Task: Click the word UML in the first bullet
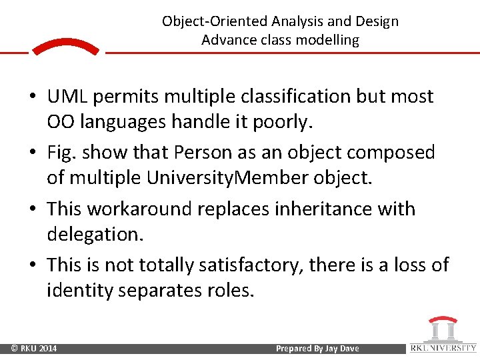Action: (68, 97)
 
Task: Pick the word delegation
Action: (91, 234)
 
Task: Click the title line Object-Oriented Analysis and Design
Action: (280, 21)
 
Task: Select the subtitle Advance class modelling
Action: (280, 40)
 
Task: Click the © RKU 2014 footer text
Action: (33, 349)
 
